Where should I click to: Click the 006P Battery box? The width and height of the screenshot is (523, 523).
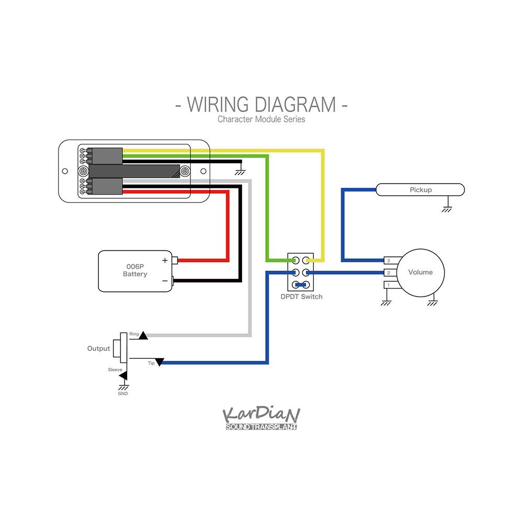(135, 270)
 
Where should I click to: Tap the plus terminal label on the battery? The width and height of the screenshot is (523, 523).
(165, 260)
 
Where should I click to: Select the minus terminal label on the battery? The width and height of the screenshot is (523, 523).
(165, 281)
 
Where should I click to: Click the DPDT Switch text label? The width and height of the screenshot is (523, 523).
(301, 297)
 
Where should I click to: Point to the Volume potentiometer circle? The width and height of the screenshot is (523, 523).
(420, 272)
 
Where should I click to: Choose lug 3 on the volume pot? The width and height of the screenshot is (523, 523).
(388, 260)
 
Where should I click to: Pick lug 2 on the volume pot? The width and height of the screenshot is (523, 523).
(388, 272)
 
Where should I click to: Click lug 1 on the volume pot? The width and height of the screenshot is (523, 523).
(388, 285)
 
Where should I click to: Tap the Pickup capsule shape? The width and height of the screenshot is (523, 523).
(420, 190)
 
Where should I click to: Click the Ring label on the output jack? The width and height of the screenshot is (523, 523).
(134, 334)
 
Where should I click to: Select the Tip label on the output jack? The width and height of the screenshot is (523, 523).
(151, 363)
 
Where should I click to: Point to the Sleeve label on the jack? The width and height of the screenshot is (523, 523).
(115, 370)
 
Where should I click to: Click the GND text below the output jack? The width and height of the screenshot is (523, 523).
(123, 393)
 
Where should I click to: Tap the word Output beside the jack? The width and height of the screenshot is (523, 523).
(98, 348)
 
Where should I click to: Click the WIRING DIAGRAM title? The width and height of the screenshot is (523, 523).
(261, 104)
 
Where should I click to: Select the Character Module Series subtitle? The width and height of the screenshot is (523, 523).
(261, 119)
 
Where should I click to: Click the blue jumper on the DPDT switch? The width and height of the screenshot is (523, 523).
(300, 285)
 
